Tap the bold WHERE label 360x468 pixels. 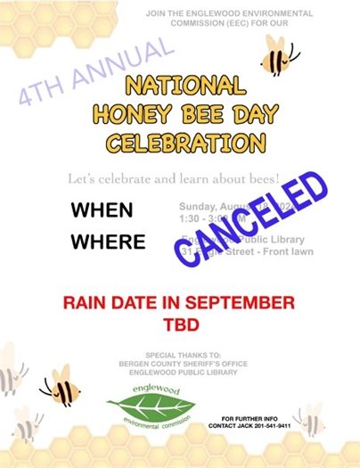[x=108, y=242]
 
